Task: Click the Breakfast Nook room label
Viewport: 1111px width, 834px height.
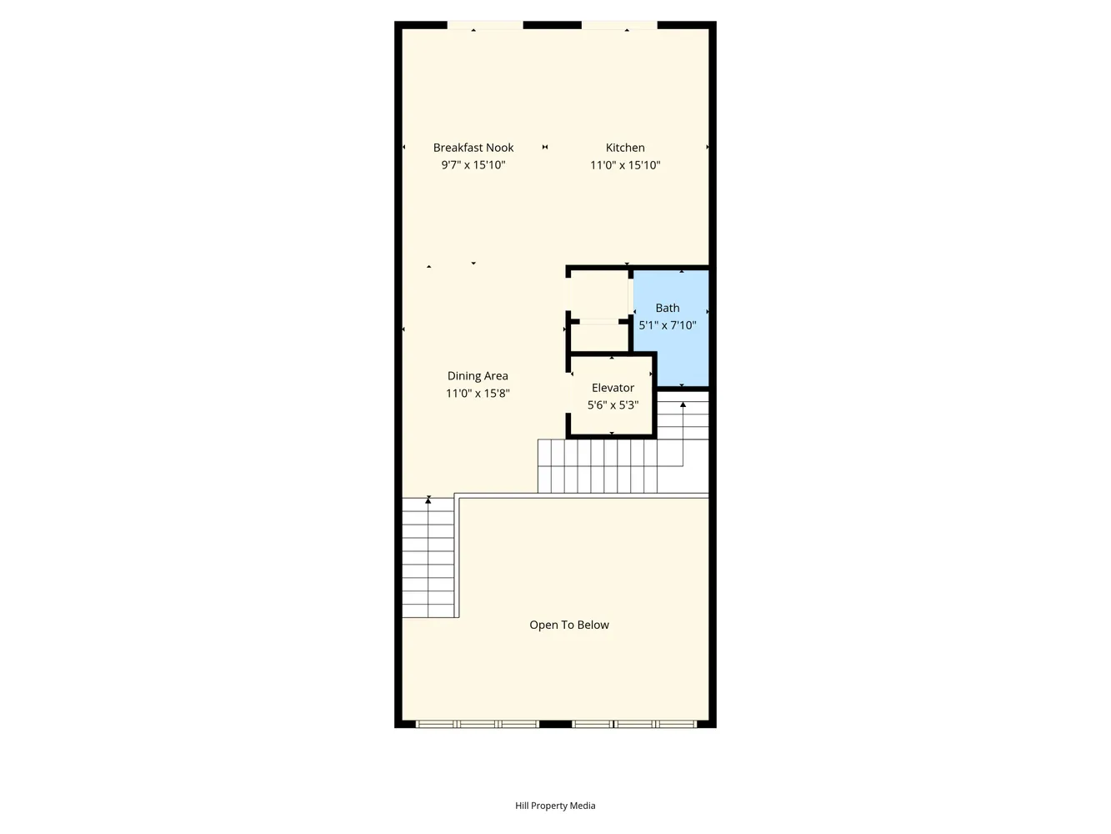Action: click(x=473, y=148)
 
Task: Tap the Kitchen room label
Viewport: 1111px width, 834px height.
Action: click(x=625, y=148)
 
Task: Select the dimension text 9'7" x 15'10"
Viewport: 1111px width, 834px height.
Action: click(x=473, y=165)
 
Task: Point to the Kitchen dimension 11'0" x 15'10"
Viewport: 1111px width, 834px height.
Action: click(x=625, y=165)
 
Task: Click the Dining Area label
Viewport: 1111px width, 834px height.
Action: click(x=478, y=376)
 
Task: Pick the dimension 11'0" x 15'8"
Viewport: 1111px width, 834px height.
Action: click(x=478, y=394)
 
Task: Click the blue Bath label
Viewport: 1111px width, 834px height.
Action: click(x=667, y=308)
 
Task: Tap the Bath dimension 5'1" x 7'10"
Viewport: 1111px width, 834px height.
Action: click(x=667, y=325)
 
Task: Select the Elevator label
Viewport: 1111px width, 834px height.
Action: click(x=613, y=388)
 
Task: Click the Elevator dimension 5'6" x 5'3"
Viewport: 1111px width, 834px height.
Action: click(x=613, y=405)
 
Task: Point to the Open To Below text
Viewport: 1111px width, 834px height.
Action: click(x=569, y=625)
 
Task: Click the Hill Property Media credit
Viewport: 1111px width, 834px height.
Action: click(x=555, y=805)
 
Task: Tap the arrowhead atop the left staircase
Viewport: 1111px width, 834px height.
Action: click(x=428, y=500)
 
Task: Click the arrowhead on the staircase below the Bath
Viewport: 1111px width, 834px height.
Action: click(x=683, y=404)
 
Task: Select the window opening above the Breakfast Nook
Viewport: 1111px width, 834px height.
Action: click(x=485, y=25)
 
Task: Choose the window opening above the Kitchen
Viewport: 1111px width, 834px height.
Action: click(x=619, y=25)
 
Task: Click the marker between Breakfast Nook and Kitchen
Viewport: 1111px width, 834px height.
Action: click(x=544, y=148)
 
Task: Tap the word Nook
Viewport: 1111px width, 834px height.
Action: click(x=499, y=148)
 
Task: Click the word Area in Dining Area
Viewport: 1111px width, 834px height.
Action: click(x=496, y=376)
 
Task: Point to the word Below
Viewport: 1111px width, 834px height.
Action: click(x=593, y=625)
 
